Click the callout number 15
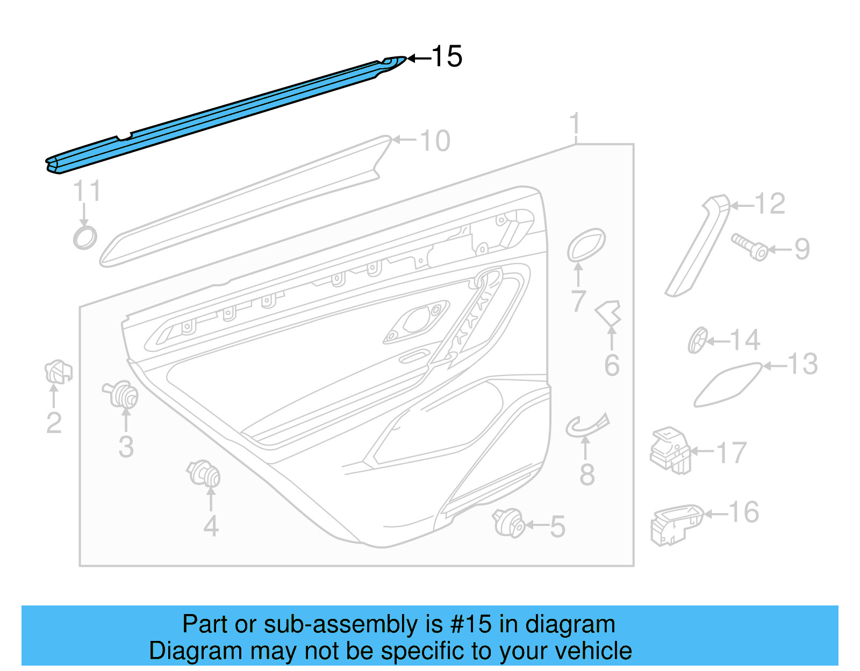pos(447,56)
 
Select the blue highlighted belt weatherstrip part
pos(226,115)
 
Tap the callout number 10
pos(434,141)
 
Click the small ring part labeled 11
pos(85,237)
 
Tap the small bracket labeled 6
pos(609,313)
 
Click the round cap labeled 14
pos(698,341)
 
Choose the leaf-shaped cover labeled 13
pos(727,385)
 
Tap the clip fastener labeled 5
pos(508,523)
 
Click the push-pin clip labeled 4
pos(205,474)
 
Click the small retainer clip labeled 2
pos(58,372)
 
